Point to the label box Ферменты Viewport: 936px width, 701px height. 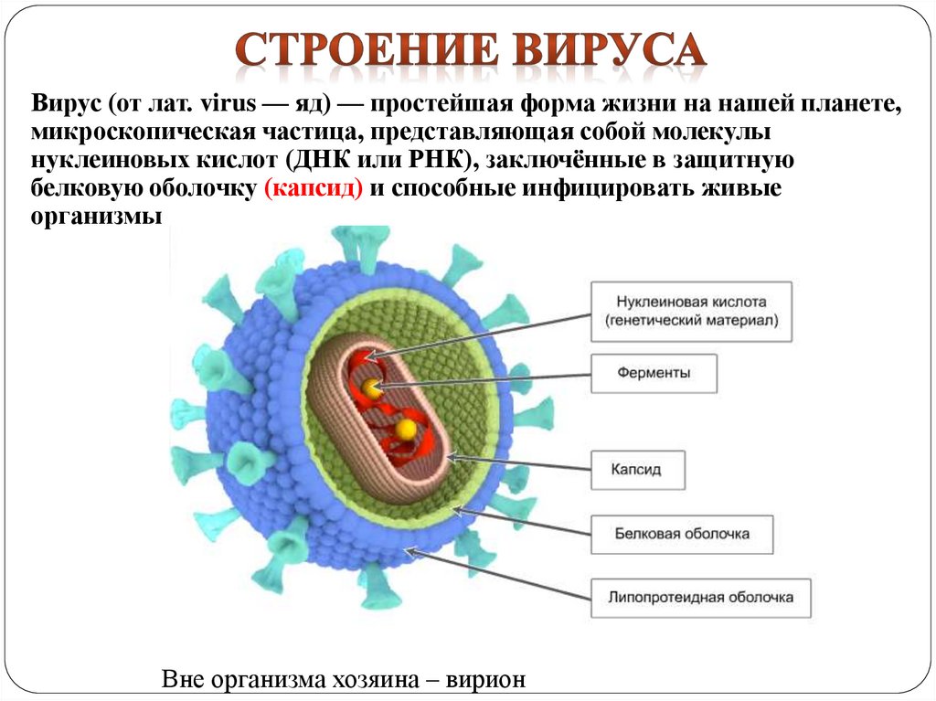653,373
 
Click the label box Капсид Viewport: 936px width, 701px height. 637,472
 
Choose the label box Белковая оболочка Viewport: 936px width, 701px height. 682,533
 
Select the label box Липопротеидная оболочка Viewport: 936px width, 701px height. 700,598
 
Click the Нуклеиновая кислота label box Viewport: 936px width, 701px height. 690,311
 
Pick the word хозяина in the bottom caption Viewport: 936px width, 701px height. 371,681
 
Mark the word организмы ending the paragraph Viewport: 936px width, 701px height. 97,217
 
